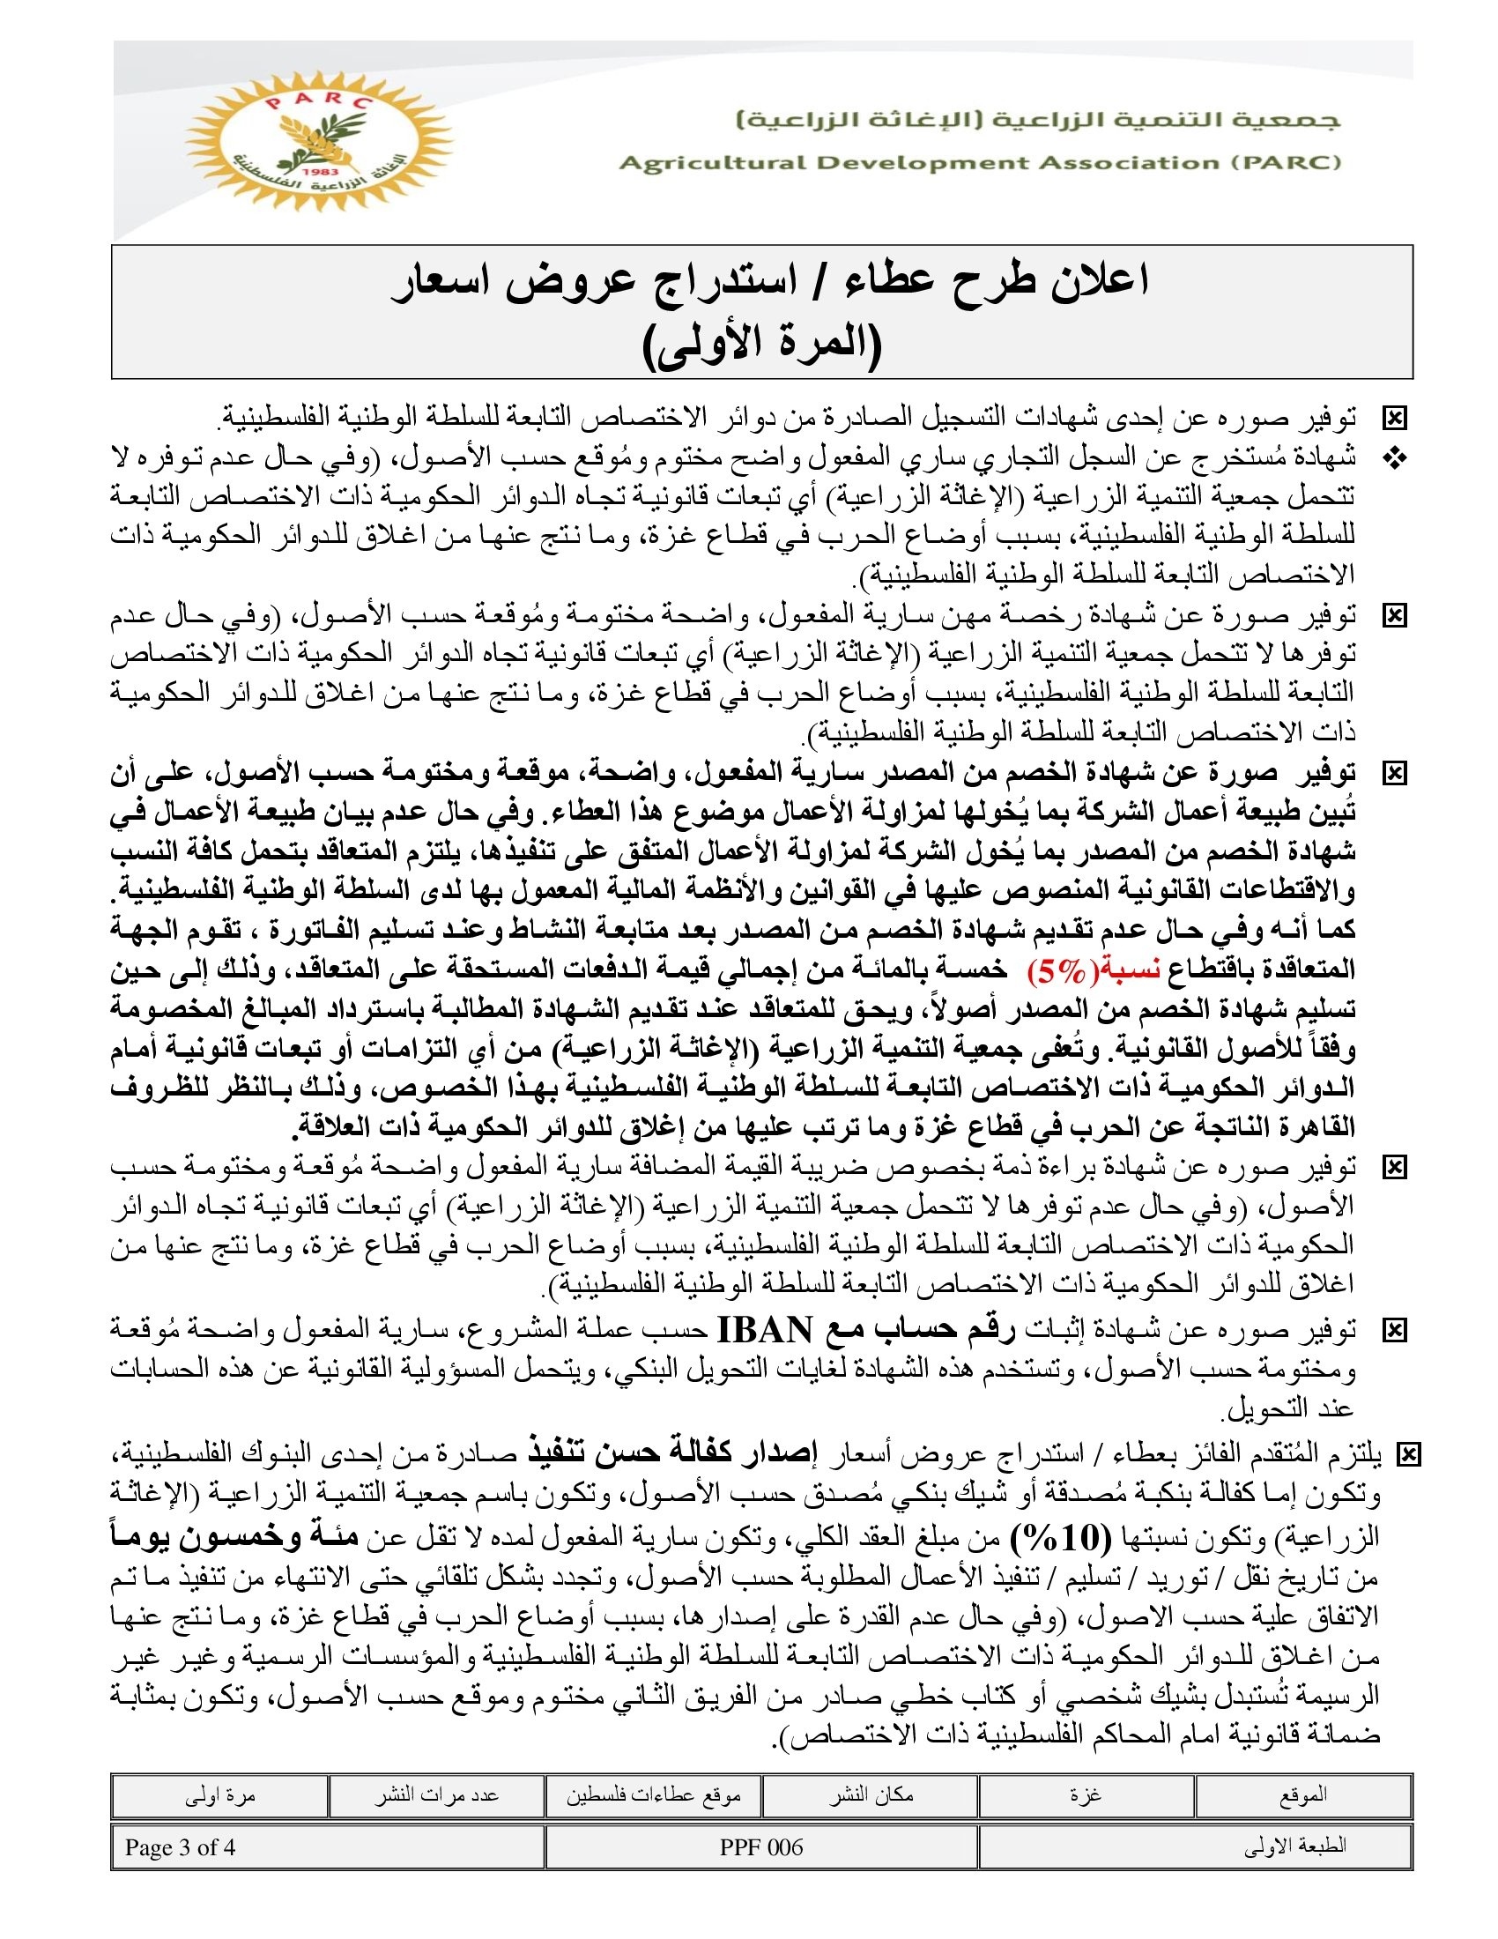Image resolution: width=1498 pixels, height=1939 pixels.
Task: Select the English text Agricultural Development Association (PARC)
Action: [980, 162]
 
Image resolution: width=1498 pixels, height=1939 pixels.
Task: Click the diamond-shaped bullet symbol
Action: [1395, 458]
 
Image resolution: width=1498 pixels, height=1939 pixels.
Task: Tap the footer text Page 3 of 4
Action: [180, 1847]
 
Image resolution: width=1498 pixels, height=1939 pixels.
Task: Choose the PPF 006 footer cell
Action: [761, 1847]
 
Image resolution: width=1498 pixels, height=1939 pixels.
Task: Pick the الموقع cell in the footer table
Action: [1302, 1796]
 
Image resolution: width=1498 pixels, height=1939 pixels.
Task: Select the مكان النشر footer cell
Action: [871, 1796]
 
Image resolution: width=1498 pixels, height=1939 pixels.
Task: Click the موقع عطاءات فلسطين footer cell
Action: [654, 1796]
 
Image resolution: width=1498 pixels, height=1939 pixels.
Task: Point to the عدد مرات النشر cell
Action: [435, 1796]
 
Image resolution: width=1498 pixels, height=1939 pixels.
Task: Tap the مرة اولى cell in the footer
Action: [219, 1796]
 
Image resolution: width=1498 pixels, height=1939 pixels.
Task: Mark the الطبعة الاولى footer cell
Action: [1294, 1847]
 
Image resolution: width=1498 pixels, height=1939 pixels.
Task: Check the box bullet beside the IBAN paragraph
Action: [1395, 1330]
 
